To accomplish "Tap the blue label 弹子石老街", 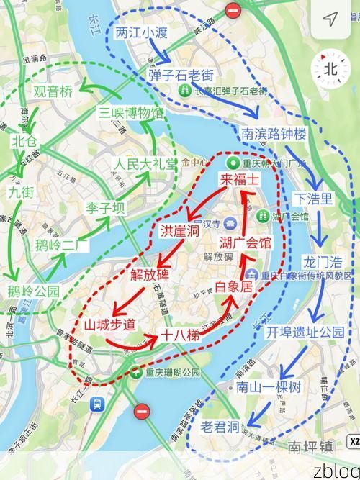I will [x=183, y=74].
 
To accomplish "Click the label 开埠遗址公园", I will [x=305, y=332].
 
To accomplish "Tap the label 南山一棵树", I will [x=269, y=387].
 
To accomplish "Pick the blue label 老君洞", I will [x=220, y=427].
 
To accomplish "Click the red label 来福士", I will [x=239, y=180].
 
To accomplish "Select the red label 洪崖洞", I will [x=179, y=231].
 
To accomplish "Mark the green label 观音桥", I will [x=53, y=91].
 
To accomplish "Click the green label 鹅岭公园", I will [x=33, y=291].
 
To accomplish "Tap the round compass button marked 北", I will [x=330, y=69].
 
